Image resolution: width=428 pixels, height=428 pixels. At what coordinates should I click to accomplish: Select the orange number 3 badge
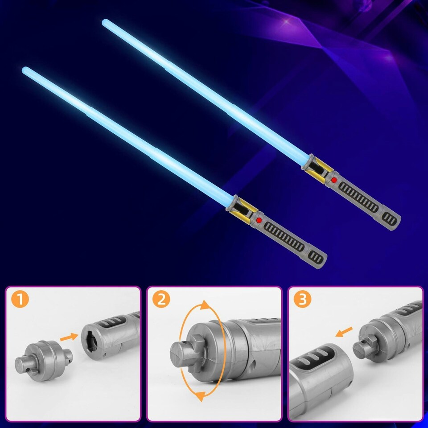coord(303,300)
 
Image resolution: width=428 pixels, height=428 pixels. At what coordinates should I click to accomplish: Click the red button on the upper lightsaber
coord(334,180)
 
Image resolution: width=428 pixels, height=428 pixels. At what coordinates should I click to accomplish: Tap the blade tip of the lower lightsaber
coord(25,70)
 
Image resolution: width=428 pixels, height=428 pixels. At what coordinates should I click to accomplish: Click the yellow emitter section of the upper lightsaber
coord(317,167)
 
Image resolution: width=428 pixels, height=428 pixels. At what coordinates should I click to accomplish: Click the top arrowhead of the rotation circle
coord(206,305)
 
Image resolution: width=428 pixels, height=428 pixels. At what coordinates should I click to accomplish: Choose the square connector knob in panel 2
coord(184,354)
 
